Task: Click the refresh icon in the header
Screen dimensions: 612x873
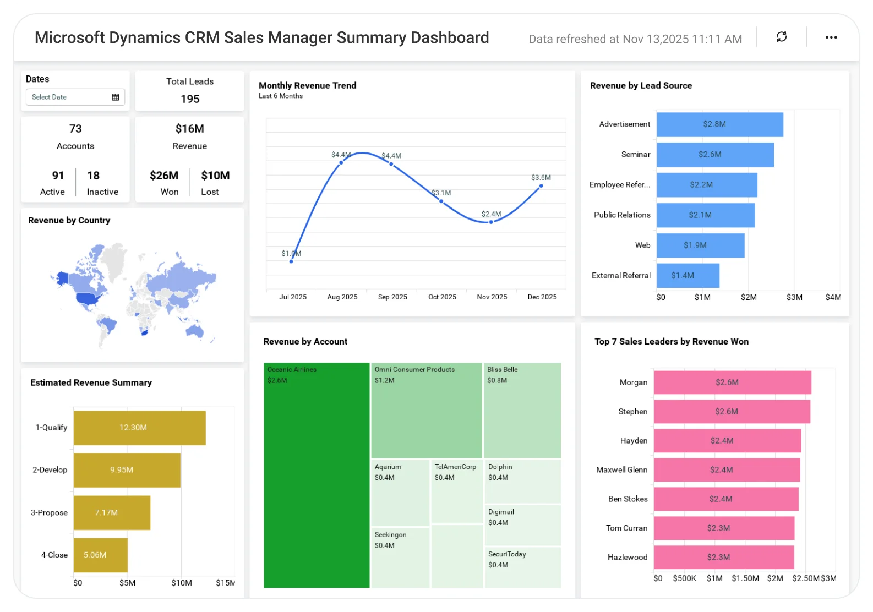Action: coord(781,37)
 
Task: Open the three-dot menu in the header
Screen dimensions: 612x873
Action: coord(831,37)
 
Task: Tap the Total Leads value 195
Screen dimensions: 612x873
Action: coord(190,99)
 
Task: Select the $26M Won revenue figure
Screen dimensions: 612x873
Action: coord(164,176)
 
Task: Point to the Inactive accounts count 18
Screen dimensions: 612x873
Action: coord(93,176)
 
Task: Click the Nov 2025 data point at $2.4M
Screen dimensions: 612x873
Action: coord(491,222)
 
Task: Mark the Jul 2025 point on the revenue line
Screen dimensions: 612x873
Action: coord(291,261)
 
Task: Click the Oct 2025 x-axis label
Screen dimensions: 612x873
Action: coord(442,297)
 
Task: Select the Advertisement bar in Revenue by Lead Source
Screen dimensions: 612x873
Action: coord(719,124)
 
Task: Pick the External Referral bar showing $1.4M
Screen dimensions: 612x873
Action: coord(688,276)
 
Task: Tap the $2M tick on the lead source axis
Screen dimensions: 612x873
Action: coord(749,297)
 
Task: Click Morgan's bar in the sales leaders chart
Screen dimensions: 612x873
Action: coord(732,382)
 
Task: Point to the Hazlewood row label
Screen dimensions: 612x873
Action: coord(628,557)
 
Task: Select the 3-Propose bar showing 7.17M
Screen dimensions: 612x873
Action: coord(112,512)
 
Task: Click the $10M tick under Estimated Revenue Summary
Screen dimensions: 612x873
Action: coord(181,583)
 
